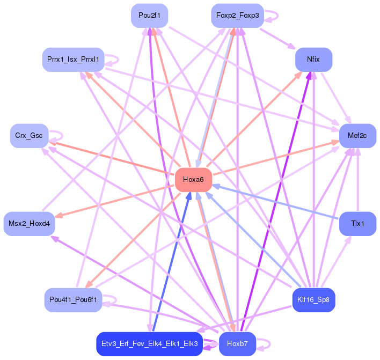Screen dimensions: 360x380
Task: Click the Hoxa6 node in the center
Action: click(x=193, y=180)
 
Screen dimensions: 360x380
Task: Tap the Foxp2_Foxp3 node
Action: click(x=237, y=16)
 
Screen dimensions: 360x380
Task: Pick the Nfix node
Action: click(x=313, y=59)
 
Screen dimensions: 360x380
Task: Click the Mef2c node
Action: click(x=357, y=136)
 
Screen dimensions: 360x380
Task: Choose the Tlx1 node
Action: click(x=357, y=223)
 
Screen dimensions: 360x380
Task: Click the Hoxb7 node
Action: click(x=237, y=343)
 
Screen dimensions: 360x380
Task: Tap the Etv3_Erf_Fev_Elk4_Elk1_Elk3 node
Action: click(x=149, y=343)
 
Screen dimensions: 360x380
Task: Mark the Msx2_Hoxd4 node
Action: click(x=29, y=223)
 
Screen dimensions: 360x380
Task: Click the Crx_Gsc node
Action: click(x=29, y=136)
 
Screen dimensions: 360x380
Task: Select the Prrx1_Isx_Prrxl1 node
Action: click(x=73, y=59)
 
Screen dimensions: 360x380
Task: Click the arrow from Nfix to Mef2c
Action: click(x=336, y=99)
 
